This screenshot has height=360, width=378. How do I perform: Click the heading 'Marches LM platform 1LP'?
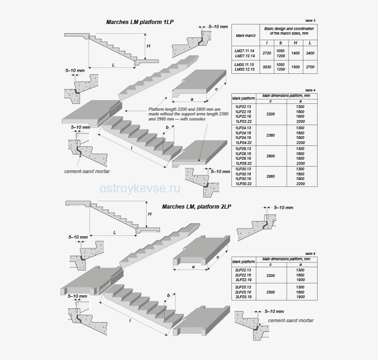[x=140, y=22]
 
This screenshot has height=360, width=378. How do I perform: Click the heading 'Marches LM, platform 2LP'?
[x=197, y=207]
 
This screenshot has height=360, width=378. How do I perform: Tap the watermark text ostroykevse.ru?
[x=140, y=188]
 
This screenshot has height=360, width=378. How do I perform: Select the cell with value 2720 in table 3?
[x=266, y=53]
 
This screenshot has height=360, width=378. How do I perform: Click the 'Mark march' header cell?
[x=245, y=35]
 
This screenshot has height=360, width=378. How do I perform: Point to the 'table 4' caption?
[x=310, y=90]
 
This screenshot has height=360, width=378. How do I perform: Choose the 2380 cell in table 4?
[x=271, y=135]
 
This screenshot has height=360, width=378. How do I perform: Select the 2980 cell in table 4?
[x=271, y=176]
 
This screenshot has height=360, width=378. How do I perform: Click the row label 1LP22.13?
[x=243, y=107]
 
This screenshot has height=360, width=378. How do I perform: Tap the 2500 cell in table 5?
[x=271, y=292]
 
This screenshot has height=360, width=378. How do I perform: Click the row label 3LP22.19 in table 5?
[x=243, y=280]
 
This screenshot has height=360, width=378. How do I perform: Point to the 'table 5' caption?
[x=310, y=253]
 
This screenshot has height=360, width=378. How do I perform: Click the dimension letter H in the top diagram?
[x=148, y=46]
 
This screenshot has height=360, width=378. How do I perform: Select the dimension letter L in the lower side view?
[x=115, y=233]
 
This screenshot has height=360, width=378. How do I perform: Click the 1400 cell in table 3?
[x=295, y=53]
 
